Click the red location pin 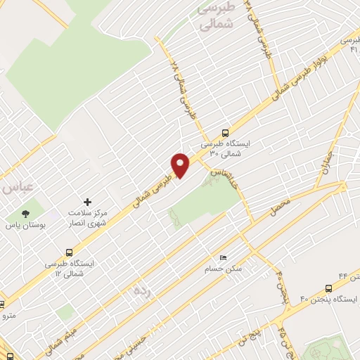point(181,164)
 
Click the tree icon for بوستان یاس point(26,212)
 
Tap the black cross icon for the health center point(88,201)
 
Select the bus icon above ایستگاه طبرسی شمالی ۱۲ point(69,252)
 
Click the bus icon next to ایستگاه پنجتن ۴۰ point(328,288)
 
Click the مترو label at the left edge point(8,317)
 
